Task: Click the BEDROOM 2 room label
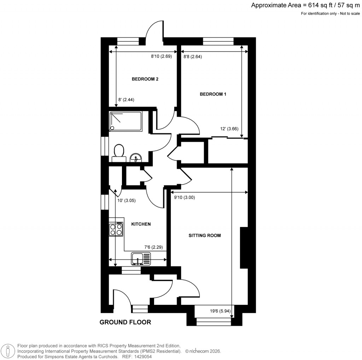[145, 79]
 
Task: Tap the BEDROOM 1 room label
[213, 94]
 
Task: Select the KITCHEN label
[141, 224]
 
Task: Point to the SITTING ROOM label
[204, 235]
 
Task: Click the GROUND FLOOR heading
[125, 322]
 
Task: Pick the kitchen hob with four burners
[116, 229]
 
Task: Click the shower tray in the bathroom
[125, 121]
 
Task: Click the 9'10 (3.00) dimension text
[185, 198]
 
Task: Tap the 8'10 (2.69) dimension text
[161, 56]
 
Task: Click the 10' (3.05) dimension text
[126, 201]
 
